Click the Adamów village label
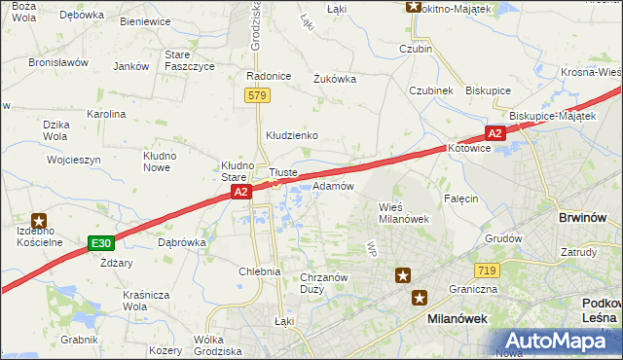pyautogui.click(x=333, y=186)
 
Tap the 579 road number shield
pyautogui.click(x=257, y=95)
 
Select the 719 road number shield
pyautogui.click(x=488, y=270)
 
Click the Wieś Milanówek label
pyautogui.click(x=403, y=212)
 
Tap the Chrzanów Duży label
pyautogui.click(x=325, y=283)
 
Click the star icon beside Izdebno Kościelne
pyautogui.click(x=39, y=222)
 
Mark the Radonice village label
pyautogui.click(x=269, y=76)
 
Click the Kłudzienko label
pyautogui.click(x=292, y=135)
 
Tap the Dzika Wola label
pyautogui.click(x=55, y=130)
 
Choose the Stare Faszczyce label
pyautogui.click(x=189, y=60)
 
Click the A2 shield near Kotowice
pyautogui.click(x=495, y=133)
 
